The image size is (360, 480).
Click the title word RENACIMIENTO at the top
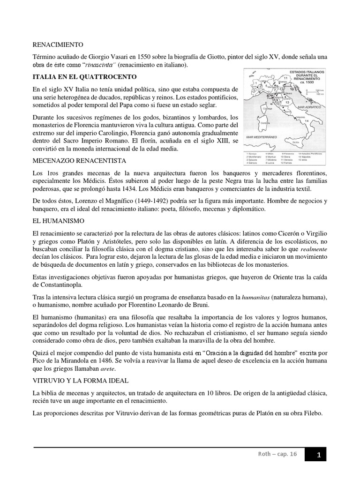tap(58, 45)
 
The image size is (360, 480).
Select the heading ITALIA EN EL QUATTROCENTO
tap(84, 76)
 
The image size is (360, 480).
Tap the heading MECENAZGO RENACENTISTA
tap(79, 161)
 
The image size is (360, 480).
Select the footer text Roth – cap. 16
tap(284, 454)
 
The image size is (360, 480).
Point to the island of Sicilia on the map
tap(295, 141)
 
